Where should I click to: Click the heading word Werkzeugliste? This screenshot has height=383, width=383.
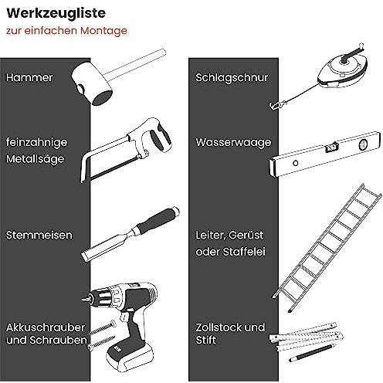[56, 14]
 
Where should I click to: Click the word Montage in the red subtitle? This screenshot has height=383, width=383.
[103, 31]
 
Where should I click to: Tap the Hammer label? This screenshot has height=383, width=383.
[29, 77]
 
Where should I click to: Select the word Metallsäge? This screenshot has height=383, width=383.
[35, 159]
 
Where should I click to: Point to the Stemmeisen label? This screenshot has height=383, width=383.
[39, 236]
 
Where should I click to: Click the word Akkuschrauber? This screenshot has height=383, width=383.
[46, 327]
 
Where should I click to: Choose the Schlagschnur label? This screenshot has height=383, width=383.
[232, 78]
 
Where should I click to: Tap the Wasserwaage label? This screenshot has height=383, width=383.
[233, 143]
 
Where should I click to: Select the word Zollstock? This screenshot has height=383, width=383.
[219, 327]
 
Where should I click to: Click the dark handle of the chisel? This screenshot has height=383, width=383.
[158, 221]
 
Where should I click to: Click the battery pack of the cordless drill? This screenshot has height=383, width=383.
[130, 355]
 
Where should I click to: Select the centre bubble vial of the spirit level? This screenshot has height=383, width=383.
[331, 147]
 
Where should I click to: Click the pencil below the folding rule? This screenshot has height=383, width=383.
[313, 352]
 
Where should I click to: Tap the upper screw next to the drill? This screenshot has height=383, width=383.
[103, 328]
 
